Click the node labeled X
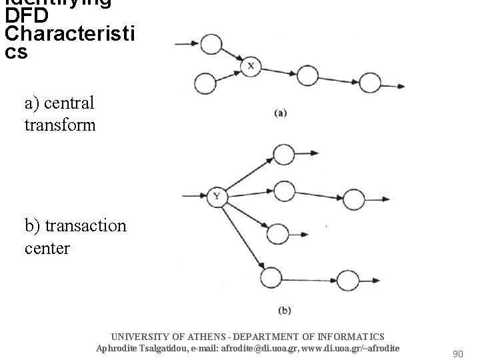click(251, 66)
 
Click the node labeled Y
click(216, 196)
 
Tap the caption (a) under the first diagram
click(280, 113)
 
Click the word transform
click(60, 125)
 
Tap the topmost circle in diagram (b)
click(284, 155)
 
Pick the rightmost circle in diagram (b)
click(347, 279)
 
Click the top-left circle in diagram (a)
click(211, 45)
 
